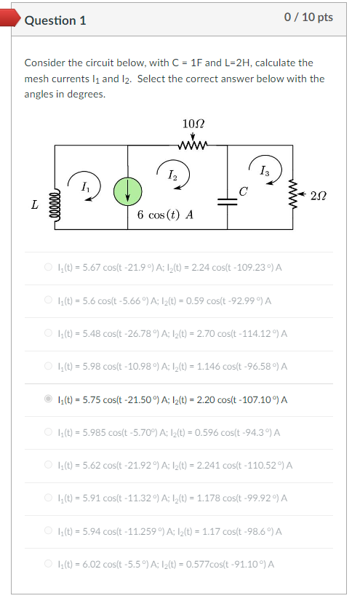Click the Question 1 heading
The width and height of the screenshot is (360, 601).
(x=55, y=20)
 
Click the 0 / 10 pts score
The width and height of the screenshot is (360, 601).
(x=309, y=17)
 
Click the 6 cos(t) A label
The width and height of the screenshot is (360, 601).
(x=165, y=216)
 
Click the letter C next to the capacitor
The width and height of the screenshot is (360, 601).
(x=244, y=192)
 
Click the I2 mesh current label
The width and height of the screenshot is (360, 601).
(x=172, y=175)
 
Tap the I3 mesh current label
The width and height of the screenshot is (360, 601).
(x=263, y=172)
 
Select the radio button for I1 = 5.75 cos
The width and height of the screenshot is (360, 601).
(x=49, y=399)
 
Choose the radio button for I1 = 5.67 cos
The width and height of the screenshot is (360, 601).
(x=49, y=267)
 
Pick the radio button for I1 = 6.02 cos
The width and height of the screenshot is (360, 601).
(x=49, y=564)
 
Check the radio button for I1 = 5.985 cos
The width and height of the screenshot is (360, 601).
(x=49, y=432)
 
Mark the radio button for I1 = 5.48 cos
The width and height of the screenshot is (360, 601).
(x=49, y=333)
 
